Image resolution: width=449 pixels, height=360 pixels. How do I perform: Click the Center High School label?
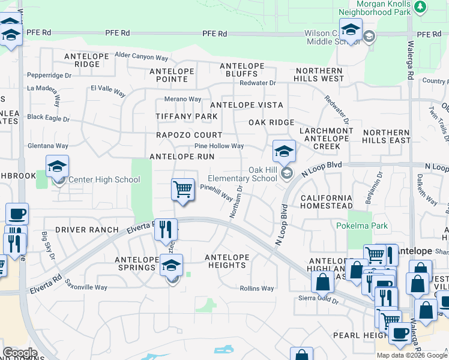click(104, 179)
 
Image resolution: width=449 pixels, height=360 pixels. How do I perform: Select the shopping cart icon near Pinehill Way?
click(182, 190)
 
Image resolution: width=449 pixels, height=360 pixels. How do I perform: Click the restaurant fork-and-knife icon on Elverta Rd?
click(166, 229)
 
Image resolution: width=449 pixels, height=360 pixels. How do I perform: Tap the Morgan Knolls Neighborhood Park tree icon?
click(421, 7)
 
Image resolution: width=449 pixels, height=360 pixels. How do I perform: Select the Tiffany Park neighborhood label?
click(187, 116)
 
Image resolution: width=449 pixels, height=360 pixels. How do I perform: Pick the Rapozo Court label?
click(189, 135)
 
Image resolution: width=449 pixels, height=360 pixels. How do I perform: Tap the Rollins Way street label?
click(257, 289)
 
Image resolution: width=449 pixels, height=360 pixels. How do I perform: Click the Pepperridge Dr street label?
click(49, 76)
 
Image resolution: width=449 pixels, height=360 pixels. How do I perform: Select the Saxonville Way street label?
click(86, 287)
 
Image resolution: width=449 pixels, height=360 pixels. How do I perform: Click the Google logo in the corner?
click(20, 353)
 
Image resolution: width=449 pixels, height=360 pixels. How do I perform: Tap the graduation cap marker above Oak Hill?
click(284, 151)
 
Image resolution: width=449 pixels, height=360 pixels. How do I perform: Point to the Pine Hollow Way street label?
click(219, 146)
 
